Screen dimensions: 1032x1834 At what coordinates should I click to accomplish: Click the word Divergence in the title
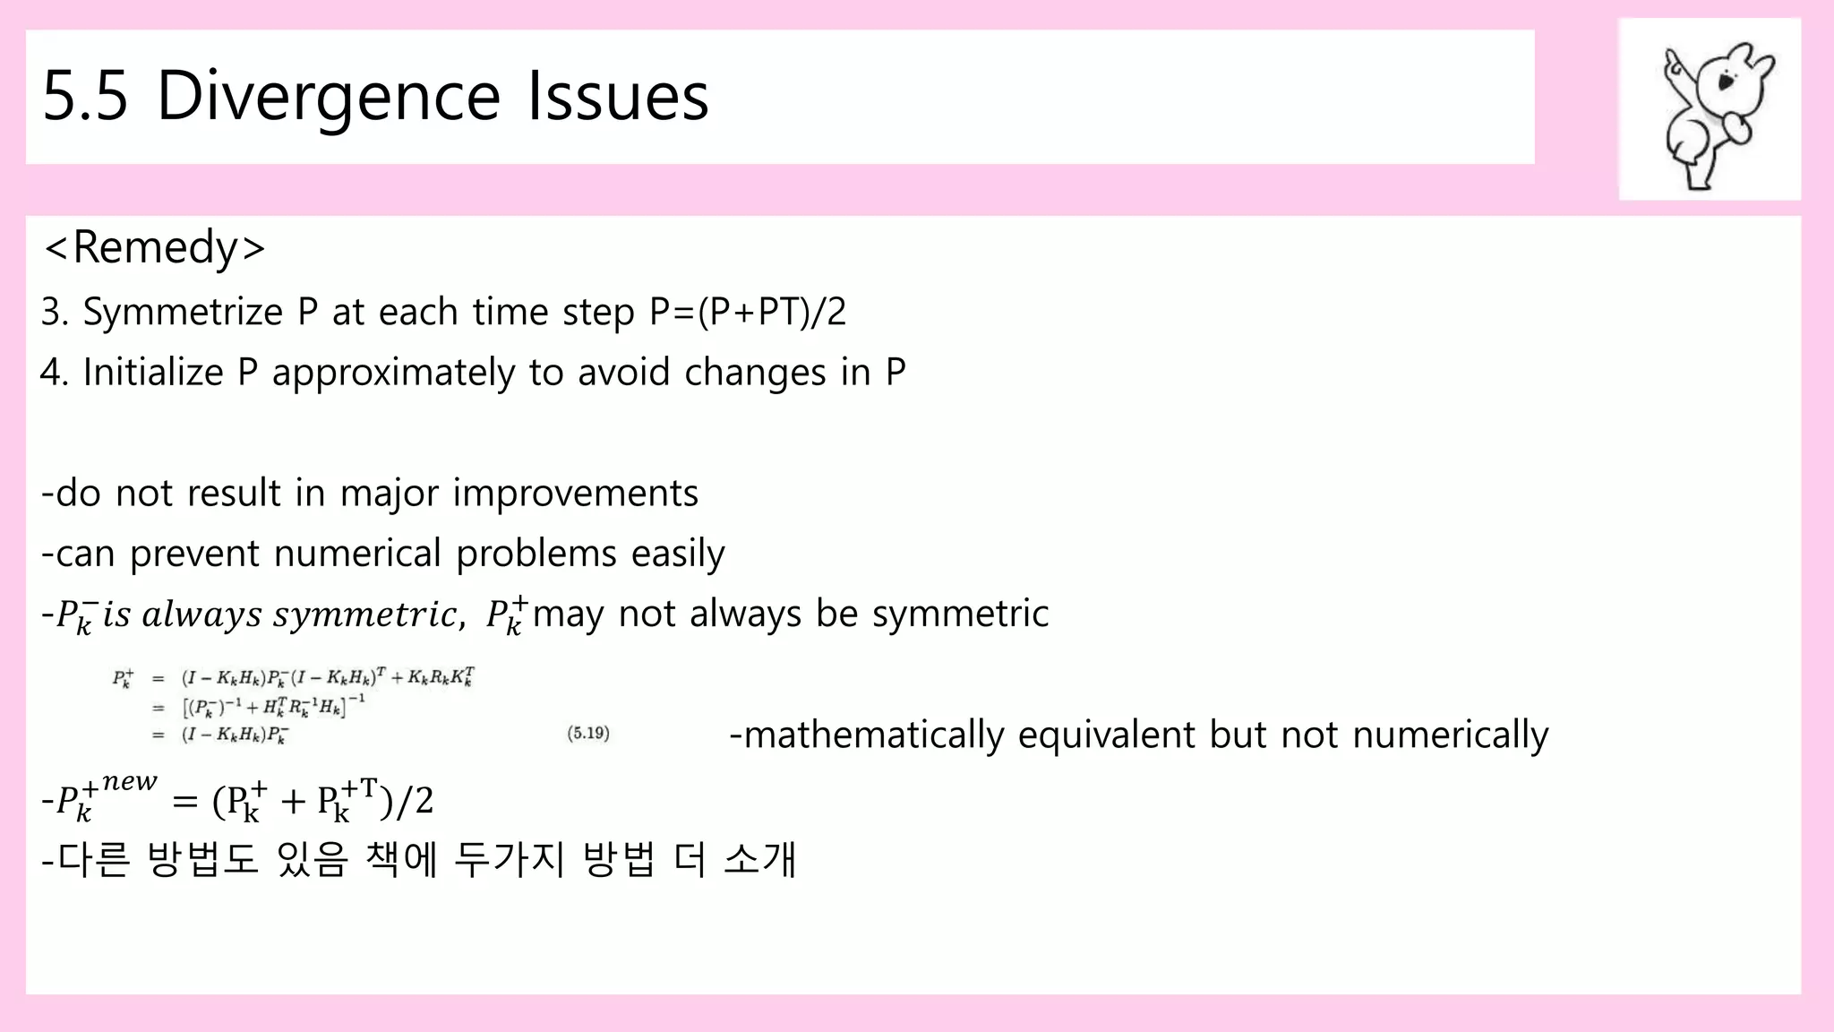point(328,96)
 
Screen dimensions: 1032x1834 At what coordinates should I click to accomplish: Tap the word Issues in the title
point(618,96)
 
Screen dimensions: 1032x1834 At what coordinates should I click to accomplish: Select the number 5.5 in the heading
point(85,96)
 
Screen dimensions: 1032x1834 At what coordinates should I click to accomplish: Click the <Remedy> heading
point(154,247)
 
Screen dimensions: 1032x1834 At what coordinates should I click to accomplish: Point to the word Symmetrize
point(183,313)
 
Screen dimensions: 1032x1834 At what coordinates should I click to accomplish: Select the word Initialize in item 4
point(152,373)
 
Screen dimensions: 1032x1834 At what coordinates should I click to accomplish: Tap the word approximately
point(393,373)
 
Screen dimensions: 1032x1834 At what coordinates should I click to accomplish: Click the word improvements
point(575,494)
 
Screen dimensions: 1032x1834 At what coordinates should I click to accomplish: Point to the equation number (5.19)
point(588,734)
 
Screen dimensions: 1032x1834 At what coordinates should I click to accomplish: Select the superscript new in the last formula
point(130,782)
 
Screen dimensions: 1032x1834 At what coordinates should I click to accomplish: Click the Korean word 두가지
point(510,859)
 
